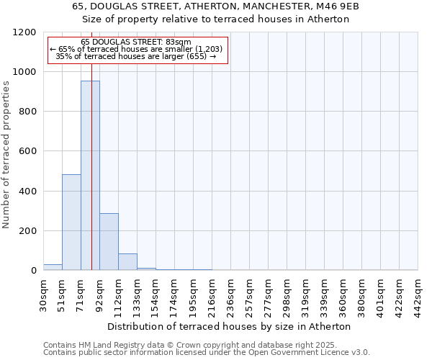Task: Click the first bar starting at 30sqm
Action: (x=53, y=267)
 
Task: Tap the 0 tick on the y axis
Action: (x=34, y=271)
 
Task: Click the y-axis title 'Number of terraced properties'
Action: (x=6, y=154)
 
